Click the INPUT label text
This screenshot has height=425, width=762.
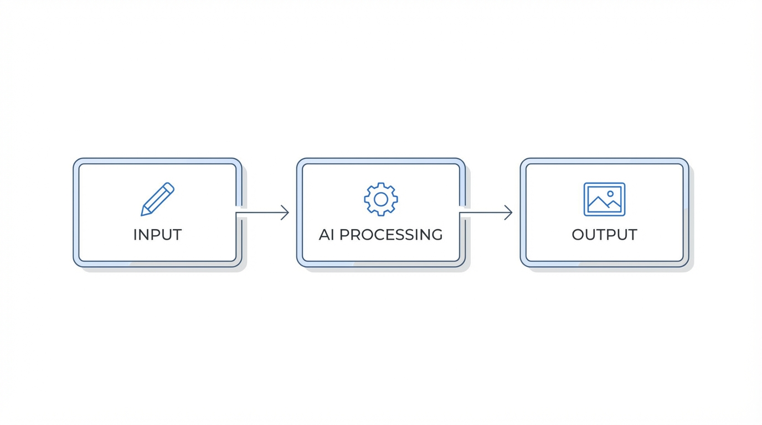coord(157,235)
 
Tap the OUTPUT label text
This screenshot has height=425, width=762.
coord(604,235)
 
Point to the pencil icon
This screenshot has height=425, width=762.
coord(157,199)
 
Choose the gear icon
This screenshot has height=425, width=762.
coord(380,199)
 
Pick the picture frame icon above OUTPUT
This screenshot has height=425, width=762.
coord(604,199)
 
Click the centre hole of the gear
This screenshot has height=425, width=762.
coord(380,199)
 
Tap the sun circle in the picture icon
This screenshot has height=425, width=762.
coord(610,194)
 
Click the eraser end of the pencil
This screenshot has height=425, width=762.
coord(169,187)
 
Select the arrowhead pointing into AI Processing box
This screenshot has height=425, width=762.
coord(285,212)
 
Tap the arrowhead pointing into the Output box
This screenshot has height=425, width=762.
coord(508,212)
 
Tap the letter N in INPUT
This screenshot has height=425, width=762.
coord(146,235)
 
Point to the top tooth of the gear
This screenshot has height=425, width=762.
coord(380,185)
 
